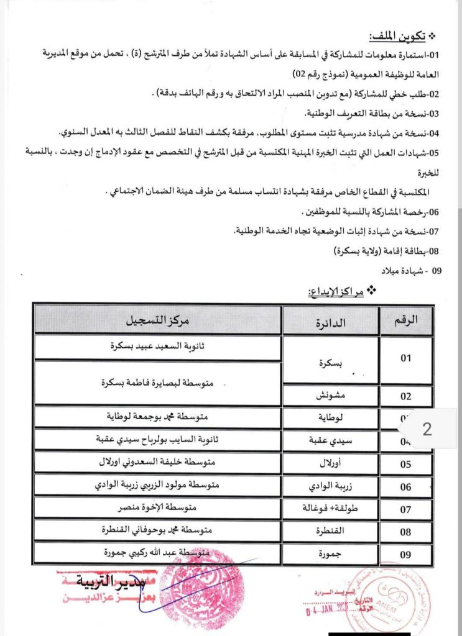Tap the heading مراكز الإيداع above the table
tap(338, 290)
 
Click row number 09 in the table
tap(406, 555)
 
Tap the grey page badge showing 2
tap(427, 429)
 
